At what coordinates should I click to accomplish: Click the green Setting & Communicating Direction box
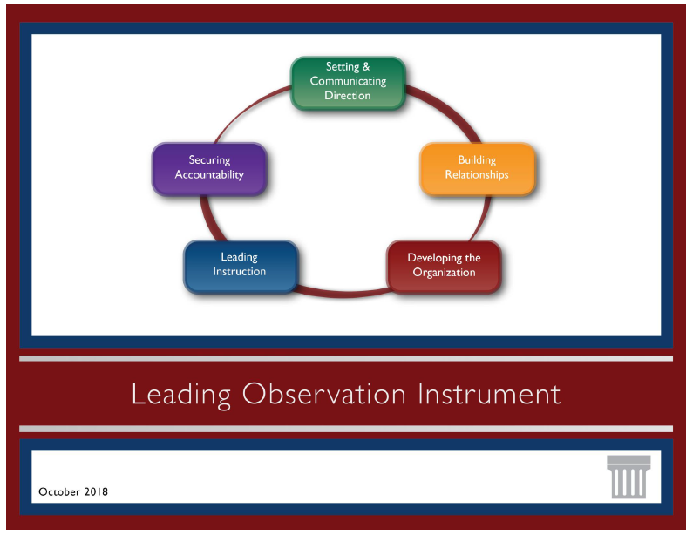point(348,82)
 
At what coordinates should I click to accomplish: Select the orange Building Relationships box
point(477,167)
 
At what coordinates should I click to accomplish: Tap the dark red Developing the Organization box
point(444,266)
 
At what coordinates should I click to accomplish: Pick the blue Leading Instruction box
point(240,265)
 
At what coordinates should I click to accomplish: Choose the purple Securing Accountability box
point(209,167)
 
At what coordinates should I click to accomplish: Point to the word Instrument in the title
point(489,394)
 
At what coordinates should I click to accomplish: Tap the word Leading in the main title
point(181,394)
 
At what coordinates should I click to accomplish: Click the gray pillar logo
point(628,477)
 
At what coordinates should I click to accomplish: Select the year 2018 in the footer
point(94,492)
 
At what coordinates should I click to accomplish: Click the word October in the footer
point(58,492)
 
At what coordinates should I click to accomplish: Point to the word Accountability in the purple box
point(209,174)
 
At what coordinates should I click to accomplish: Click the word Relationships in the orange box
point(477,174)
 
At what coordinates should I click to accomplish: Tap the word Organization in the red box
point(444,273)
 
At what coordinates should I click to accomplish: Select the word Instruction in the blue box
point(240,272)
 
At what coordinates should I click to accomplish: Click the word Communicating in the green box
point(348,81)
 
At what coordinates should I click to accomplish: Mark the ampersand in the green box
point(366,67)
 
